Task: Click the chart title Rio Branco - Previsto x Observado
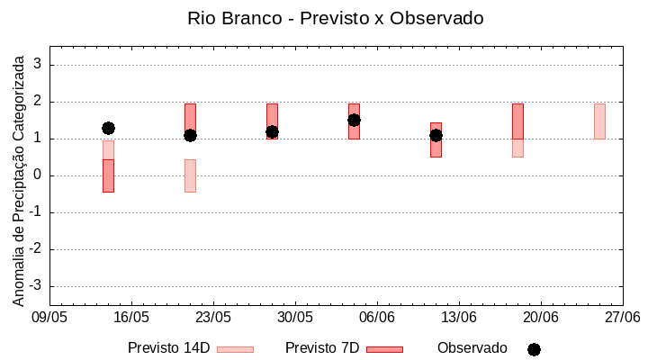pyautogui.click(x=323, y=18)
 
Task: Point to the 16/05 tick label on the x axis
pyautogui.click(x=131, y=318)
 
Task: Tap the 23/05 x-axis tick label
pyautogui.click(x=213, y=318)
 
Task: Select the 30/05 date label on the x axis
pyautogui.click(x=295, y=318)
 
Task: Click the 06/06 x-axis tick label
pyautogui.click(x=377, y=318)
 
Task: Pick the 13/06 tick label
pyautogui.click(x=459, y=318)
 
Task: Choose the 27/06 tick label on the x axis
pyautogui.click(x=622, y=318)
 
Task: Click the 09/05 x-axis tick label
pyautogui.click(x=49, y=318)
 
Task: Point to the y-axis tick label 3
pyautogui.click(x=40, y=65)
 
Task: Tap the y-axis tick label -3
pyautogui.click(x=37, y=286)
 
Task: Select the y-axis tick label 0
pyautogui.click(x=40, y=175)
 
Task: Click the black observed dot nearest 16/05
pyautogui.click(x=108, y=129)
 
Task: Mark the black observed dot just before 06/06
pyautogui.click(x=354, y=121)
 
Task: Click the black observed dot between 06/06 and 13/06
pyautogui.click(x=436, y=136)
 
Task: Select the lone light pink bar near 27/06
pyautogui.click(x=599, y=121)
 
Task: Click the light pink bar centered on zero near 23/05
pyautogui.click(x=190, y=175)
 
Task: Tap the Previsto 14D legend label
pyautogui.click(x=168, y=348)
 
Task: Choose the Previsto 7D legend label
pyautogui.click(x=322, y=348)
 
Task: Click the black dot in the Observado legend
pyautogui.click(x=534, y=349)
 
